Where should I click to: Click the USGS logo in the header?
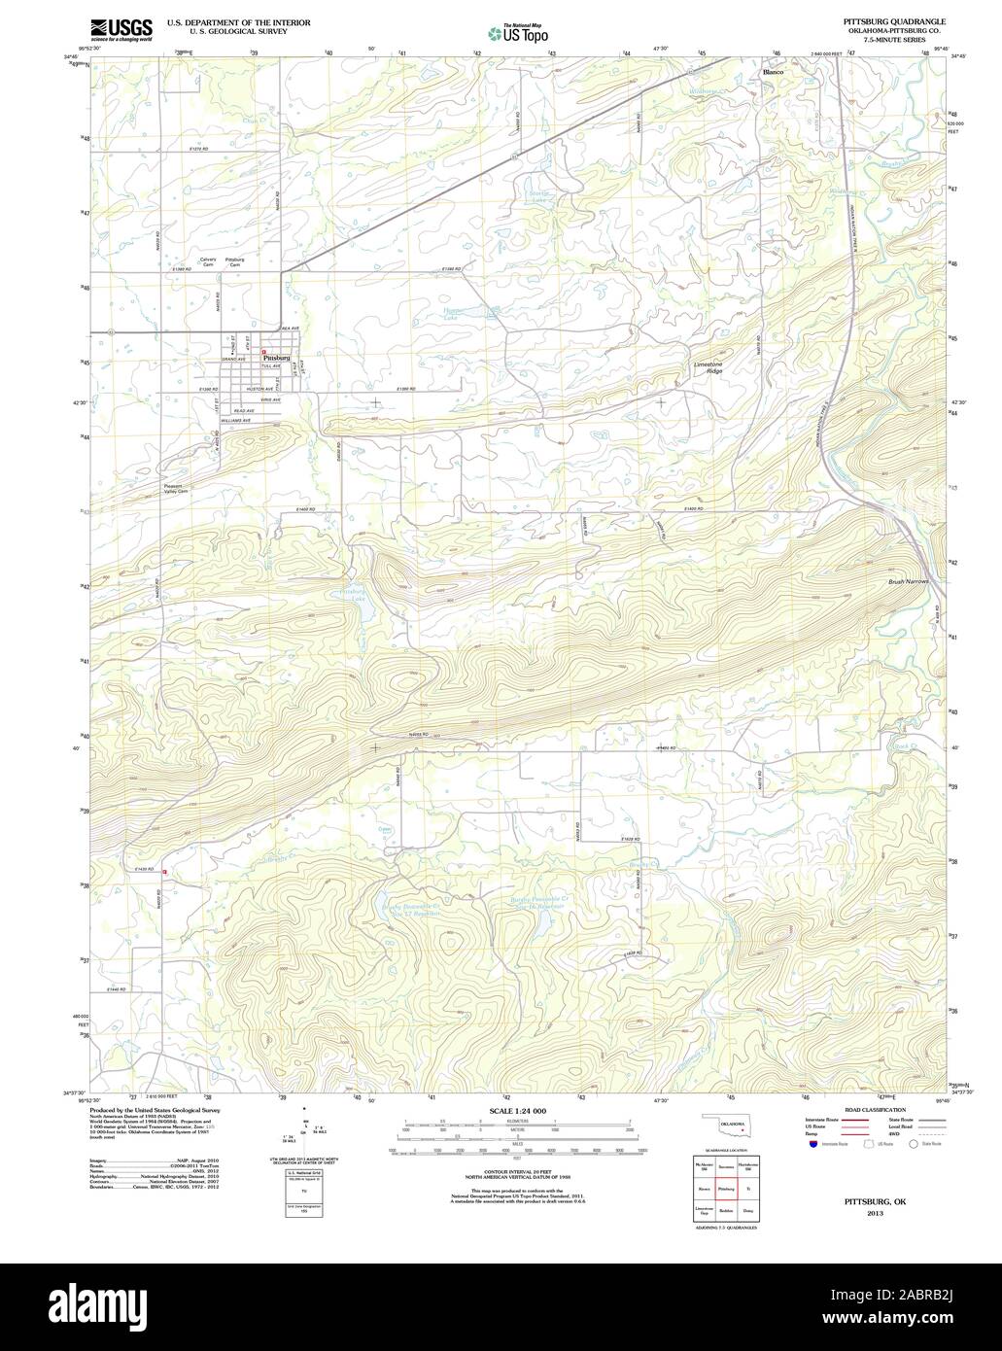(121, 30)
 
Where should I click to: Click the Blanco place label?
(773, 73)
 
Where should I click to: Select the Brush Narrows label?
(909, 581)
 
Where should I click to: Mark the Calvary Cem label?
(208, 262)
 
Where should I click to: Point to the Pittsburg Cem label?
(235, 262)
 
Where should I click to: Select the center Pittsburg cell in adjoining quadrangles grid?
(725, 1188)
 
